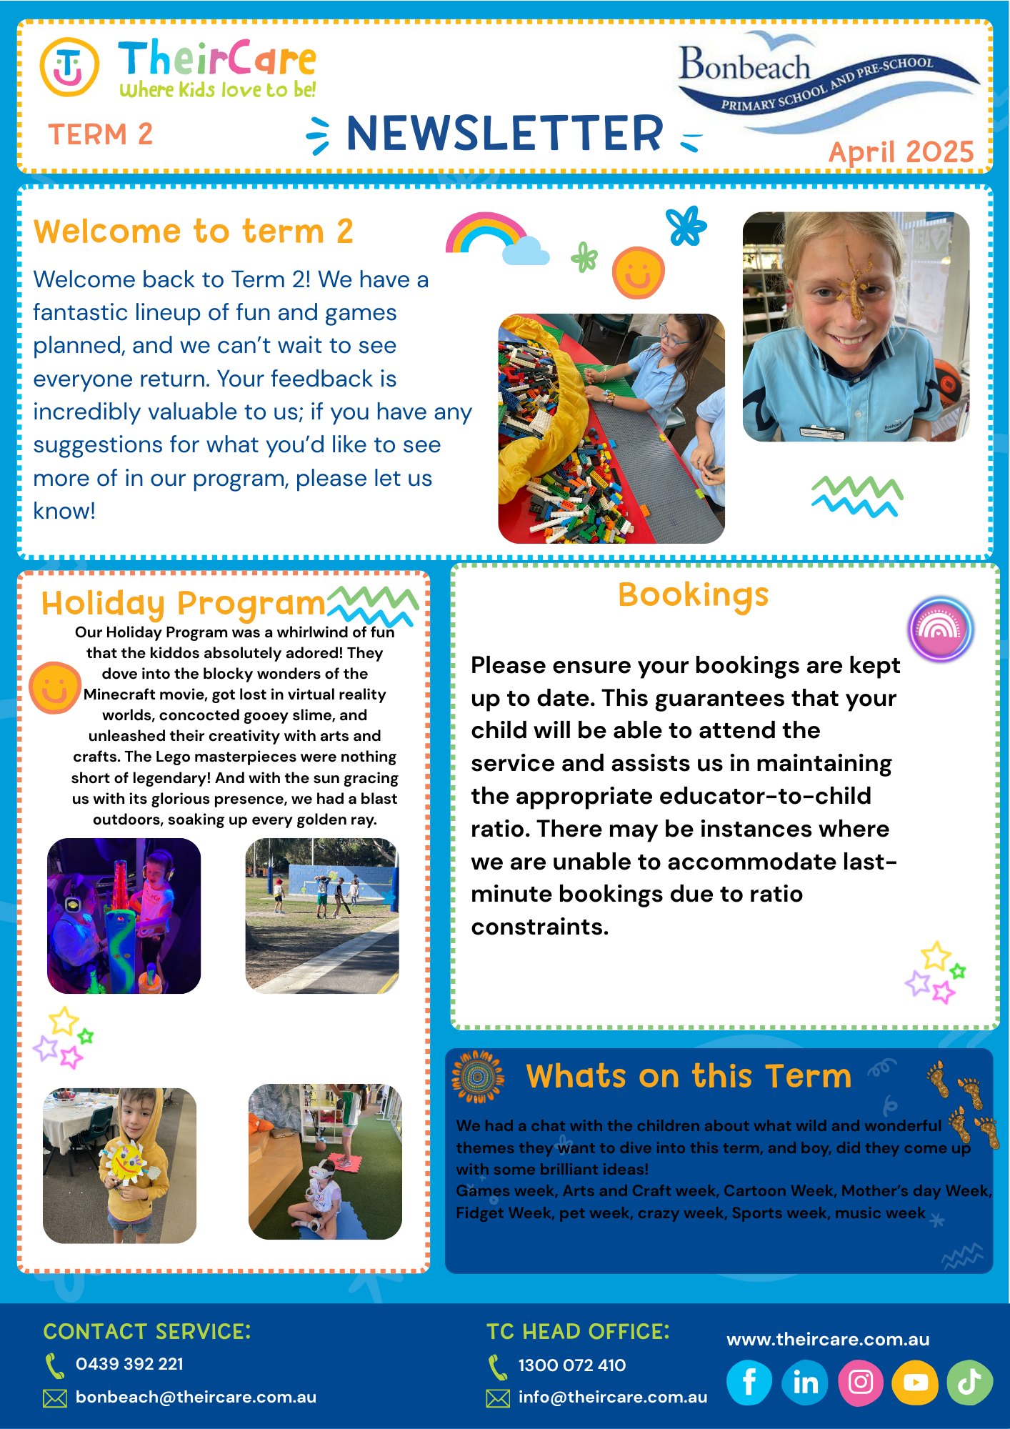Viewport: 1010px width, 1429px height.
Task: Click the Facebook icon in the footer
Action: (749, 1382)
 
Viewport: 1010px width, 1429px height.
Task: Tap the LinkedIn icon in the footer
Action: (805, 1382)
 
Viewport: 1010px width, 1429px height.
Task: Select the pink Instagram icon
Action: (860, 1382)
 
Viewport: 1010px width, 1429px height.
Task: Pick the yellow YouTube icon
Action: (915, 1382)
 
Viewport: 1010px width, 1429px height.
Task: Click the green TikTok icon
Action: (969, 1382)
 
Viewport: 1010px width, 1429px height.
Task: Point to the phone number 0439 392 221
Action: (129, 1364)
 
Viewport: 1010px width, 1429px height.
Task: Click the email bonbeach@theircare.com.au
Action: (196, 1397)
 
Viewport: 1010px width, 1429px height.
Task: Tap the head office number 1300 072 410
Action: (571, 1365)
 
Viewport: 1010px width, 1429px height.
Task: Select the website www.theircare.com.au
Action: (828, 1340)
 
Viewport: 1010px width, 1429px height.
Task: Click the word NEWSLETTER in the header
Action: (504, 134)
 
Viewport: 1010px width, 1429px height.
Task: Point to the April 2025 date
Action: (901, 151)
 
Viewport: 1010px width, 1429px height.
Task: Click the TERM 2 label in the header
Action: (100, 134)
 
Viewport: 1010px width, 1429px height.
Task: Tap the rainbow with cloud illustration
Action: (496, 238)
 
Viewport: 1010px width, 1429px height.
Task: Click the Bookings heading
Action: (693, 594)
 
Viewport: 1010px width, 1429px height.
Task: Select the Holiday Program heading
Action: (183, 604)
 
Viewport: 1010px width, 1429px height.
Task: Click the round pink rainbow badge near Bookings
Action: (940, 629)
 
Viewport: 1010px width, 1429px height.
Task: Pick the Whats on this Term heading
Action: (689, 1076)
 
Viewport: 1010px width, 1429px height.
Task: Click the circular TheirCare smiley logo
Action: (69, 67)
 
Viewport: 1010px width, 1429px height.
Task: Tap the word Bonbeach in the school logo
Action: (744, 66)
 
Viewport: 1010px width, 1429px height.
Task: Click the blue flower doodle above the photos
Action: (686, 226)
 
